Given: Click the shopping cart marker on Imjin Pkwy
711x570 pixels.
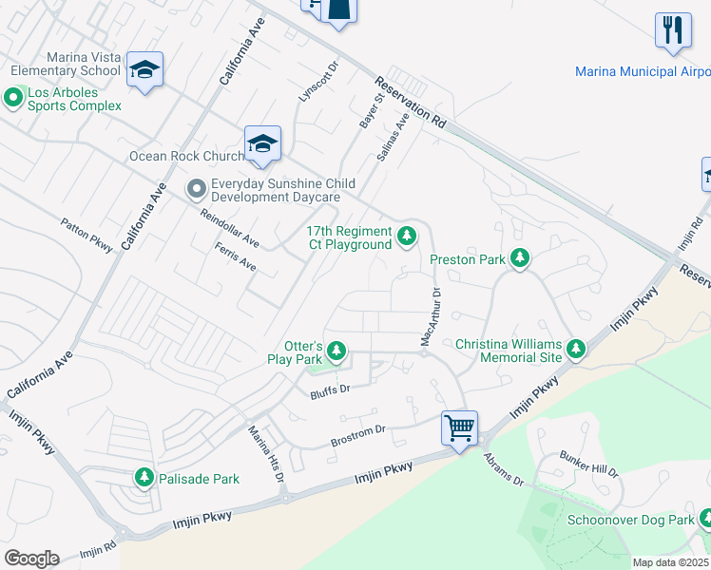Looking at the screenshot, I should pos(460,427).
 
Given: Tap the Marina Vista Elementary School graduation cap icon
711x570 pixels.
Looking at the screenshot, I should pos(144,69).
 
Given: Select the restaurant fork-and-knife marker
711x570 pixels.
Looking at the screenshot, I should pos(673,29).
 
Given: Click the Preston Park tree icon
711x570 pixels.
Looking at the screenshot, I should pos(519,258).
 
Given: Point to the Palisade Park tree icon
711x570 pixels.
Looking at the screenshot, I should pos(144,477).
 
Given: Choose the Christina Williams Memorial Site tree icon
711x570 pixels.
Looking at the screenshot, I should pos(575,350).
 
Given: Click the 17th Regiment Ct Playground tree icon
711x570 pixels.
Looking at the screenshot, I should pos(407,236).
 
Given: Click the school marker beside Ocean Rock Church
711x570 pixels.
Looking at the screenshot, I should pos(262,143).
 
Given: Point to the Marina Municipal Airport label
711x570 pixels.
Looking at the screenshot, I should pos(643,72).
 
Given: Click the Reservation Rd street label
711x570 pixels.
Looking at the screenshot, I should pos(410,103).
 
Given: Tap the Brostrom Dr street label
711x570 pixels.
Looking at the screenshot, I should pos(357,435).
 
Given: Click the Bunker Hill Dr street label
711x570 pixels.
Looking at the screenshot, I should pos(589,464).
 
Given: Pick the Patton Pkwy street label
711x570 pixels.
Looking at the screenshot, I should pos(86,236).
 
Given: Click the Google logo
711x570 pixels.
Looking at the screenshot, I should pos(31,558).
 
